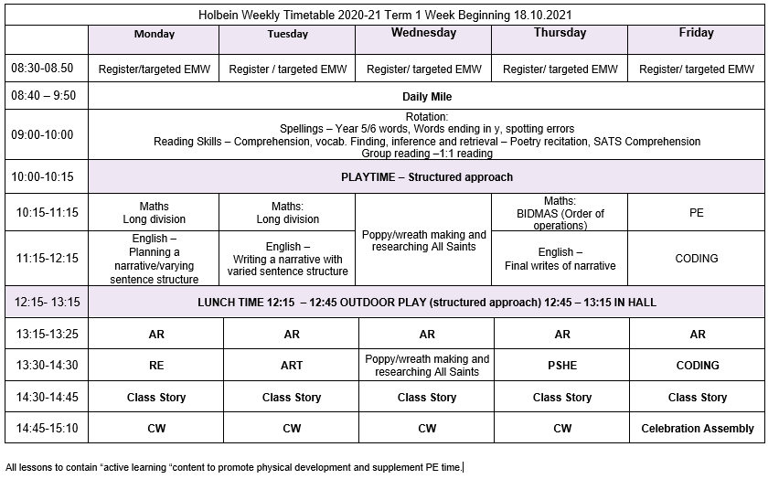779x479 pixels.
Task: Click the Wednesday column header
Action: pyautogui.click(x=423, y=33)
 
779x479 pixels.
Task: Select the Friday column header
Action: pyautogui.click(x=696, y=33)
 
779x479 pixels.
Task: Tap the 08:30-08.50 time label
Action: pyautogui.click(x=42, y=69)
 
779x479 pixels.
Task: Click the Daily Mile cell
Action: pyautogui.click(x=427, y=96)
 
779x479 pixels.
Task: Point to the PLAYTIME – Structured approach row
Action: pyautogui.click(x=427, y=176)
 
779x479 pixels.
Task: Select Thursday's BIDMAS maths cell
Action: pyautogui.click(x=559, y=213)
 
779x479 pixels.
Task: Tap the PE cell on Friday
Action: pyautogui.click(x=696, y=212)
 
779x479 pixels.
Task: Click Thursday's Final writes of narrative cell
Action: pyautogui.click(x=559, y=259)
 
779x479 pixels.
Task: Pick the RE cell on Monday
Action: pyautogui.click(x=155, y=365)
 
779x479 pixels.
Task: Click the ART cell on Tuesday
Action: pyautogui.click(x=291, y=365)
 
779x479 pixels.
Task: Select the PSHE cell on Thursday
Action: pyautogui.click(x=560, y=365)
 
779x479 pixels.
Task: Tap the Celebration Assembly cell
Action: pyautogui.click(x=697, y=428)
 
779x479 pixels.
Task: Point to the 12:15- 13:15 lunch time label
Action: pyautogui.click(x=46, y=302)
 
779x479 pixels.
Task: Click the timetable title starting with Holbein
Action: pyautogui.click(x=388, y=15)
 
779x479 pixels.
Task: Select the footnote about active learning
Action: pyautogui.click(x=234, y=467)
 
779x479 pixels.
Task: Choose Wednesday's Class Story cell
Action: pyautogui.click(x=426, y=398)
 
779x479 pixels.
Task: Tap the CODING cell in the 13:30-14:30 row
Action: pyautogui.click(x=697, y=365)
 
